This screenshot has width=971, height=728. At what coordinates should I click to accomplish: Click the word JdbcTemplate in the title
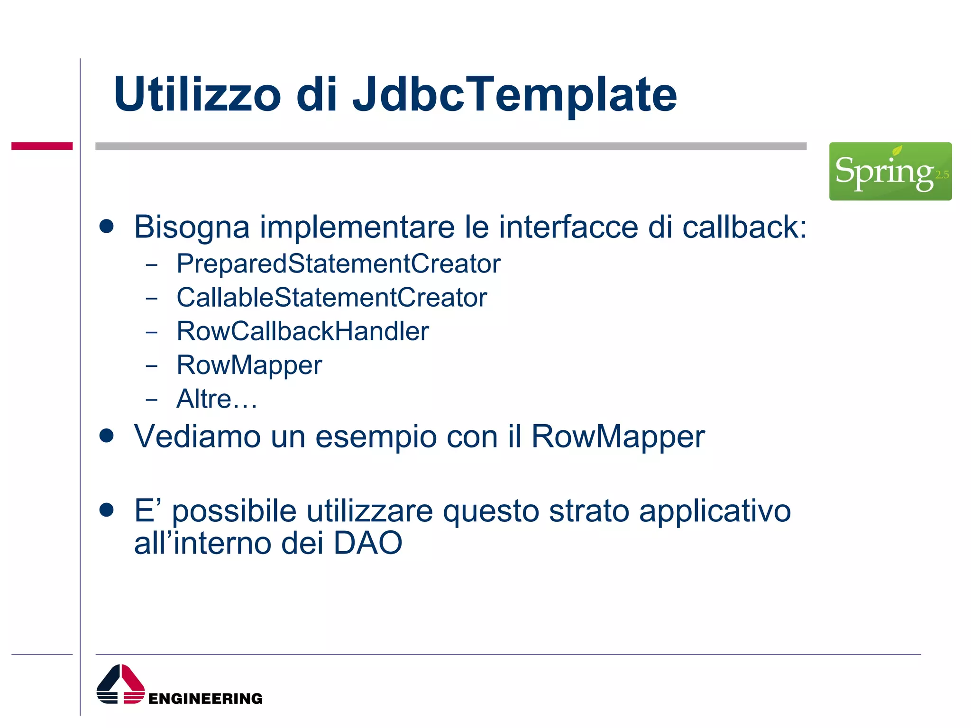[x=514, y=95]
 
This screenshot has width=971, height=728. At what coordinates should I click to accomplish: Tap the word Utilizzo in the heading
[x=198, y=95]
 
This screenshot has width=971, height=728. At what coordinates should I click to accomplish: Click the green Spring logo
[x=889, y=171]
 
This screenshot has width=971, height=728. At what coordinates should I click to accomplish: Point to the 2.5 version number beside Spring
[x=942, y=175]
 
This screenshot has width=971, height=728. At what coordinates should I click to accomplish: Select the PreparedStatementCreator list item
[x=338, y=264]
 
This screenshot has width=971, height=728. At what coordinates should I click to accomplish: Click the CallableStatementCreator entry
[x=331, y=298]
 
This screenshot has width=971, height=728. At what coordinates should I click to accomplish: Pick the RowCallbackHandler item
[x=302, y=331]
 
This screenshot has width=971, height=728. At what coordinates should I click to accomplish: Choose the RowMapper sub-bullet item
[x=249, y=365]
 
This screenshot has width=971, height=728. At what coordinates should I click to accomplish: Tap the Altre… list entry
[x=217, y=399]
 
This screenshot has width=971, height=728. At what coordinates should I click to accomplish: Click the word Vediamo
[x=197, y=436]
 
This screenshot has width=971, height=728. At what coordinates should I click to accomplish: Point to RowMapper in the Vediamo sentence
[x=617, y=437]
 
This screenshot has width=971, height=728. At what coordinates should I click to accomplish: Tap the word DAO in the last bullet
[x=367, y=543]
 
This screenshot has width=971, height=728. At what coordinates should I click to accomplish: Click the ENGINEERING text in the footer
[x=205, y=699]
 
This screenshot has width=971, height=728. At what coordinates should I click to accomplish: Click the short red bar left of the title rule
[x=42, y=146]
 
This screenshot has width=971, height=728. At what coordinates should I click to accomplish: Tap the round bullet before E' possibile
[x=107, y=510]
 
